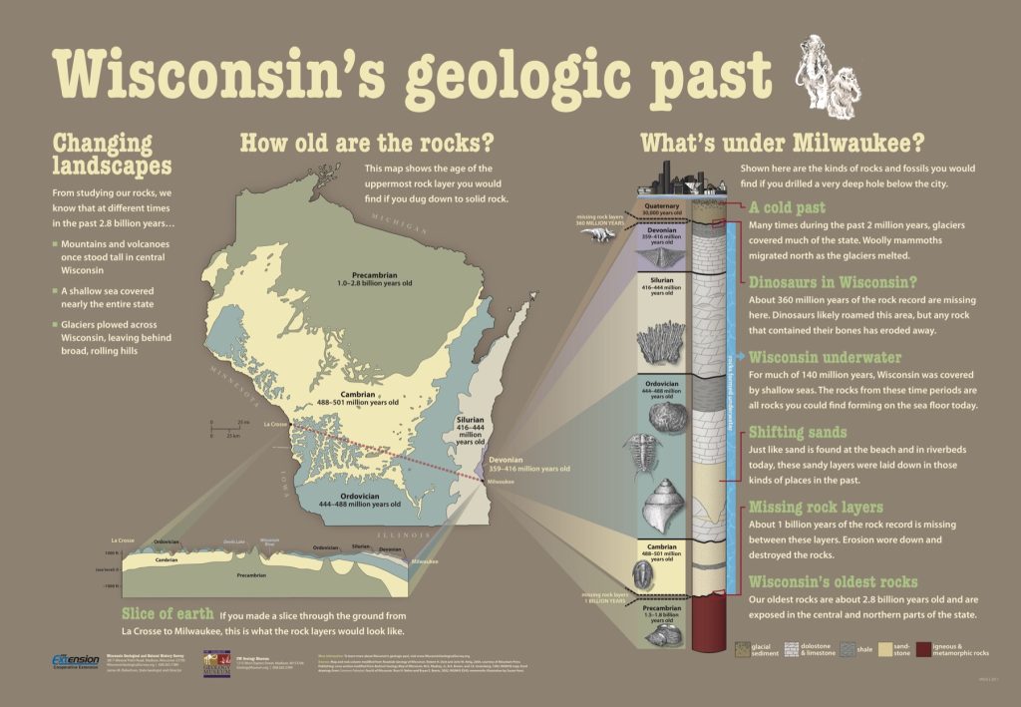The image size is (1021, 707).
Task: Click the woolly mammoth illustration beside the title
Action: click(829, 75)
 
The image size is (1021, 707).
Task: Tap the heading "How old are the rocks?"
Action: click(367, 143)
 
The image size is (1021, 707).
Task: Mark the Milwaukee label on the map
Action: click(501, 482)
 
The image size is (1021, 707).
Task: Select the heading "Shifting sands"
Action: click(799, 432)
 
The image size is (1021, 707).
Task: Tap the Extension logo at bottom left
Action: click(75, 661)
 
